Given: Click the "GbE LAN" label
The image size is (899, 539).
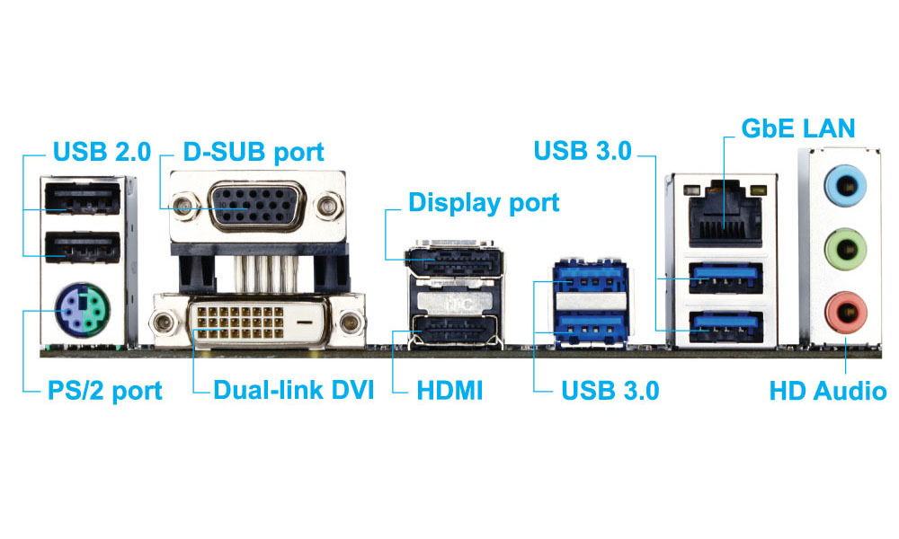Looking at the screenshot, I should tap(797, 128).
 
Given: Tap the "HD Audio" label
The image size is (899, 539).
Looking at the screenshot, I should tap(827, 392).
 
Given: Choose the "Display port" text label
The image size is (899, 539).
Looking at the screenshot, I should tap(484, 202).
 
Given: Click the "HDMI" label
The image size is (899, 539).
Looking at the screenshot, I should tap(449, 392).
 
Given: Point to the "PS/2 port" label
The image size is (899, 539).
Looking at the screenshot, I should tap(105, 392).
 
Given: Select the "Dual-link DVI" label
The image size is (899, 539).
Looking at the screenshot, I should tap(293, 392).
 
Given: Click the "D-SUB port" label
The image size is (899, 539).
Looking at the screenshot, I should tap(254, 151).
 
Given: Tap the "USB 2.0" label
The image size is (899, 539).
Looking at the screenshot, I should tap(101, 151).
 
